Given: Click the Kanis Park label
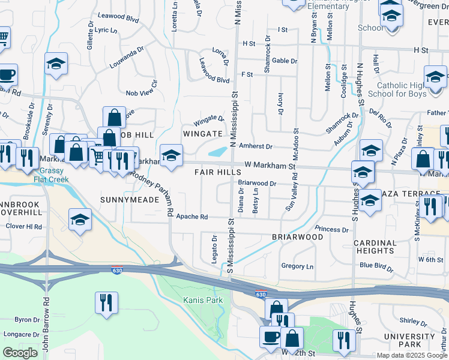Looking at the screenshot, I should (x=203, y=299).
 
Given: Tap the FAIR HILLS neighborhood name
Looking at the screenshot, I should (x=217, y=172).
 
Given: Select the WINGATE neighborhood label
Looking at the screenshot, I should (x=203, y=133).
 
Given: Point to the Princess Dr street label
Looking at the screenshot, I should (x=331, y=229).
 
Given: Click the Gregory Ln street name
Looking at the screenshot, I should (x=297, y=266).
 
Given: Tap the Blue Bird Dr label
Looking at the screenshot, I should (x=376, y=266).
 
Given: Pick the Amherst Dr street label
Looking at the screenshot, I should (x=256, y=146).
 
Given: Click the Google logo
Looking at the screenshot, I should (x=20, y=352).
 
